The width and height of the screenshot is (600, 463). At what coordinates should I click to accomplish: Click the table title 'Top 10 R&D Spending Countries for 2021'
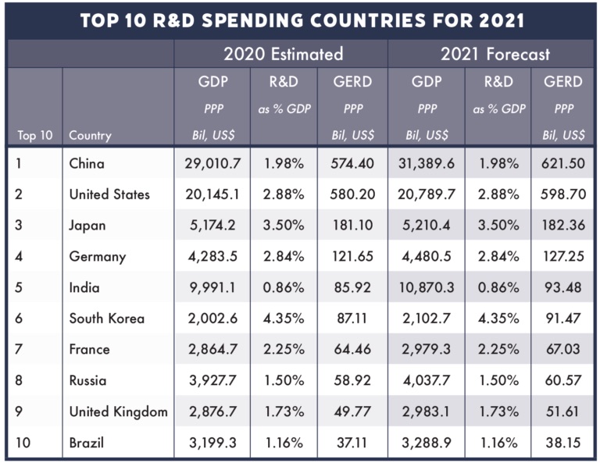click(299, 20)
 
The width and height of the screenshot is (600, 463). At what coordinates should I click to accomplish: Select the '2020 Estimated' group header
click(283, 54)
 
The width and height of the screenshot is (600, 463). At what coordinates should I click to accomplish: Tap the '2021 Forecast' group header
click(495, 54)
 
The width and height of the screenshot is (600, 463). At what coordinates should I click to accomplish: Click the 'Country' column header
click(90, 135)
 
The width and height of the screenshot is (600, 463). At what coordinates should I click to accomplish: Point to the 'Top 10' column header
click(34, 135)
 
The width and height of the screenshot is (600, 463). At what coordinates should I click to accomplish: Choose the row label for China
click(87, 164)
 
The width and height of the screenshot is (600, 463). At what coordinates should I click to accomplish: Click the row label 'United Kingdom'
click(118, 411)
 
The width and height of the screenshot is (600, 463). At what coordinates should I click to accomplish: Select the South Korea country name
click(107, 319)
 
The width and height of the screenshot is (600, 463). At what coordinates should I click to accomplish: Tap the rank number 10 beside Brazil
click(23, 443)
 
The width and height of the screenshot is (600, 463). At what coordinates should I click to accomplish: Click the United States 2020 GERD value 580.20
click(351, 194)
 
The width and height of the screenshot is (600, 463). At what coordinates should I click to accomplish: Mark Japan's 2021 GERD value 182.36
click(562, 226)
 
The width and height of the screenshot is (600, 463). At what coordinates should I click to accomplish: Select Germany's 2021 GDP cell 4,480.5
click(427, 256)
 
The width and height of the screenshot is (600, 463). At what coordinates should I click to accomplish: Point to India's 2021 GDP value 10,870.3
click(427, 287)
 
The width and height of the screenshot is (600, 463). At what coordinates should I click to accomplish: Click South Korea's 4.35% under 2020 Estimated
click(284, 319)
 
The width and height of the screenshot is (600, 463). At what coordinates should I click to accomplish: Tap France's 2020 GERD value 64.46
click(351, 350)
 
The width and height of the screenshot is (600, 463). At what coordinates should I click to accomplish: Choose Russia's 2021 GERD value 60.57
click(562, 381)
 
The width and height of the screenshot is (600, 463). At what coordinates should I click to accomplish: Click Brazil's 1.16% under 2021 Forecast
click(498, 443)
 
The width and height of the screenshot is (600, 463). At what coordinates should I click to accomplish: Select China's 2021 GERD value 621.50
click(562, 164)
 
